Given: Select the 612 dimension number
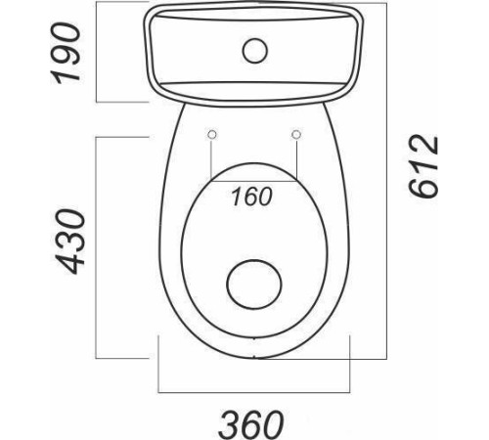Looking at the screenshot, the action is (x=422, y=166).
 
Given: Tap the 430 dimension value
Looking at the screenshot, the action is (x=69, y=242).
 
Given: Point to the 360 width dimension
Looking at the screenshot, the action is (x=250, y=424).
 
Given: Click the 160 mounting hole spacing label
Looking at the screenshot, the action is (x=251, y=197).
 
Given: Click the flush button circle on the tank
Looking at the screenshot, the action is (x=255, y=51).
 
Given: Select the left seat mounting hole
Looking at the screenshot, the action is (x=212, y=134).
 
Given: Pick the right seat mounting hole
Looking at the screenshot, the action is (x=296, y=134).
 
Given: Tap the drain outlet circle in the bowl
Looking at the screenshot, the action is (x=254, y=285).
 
